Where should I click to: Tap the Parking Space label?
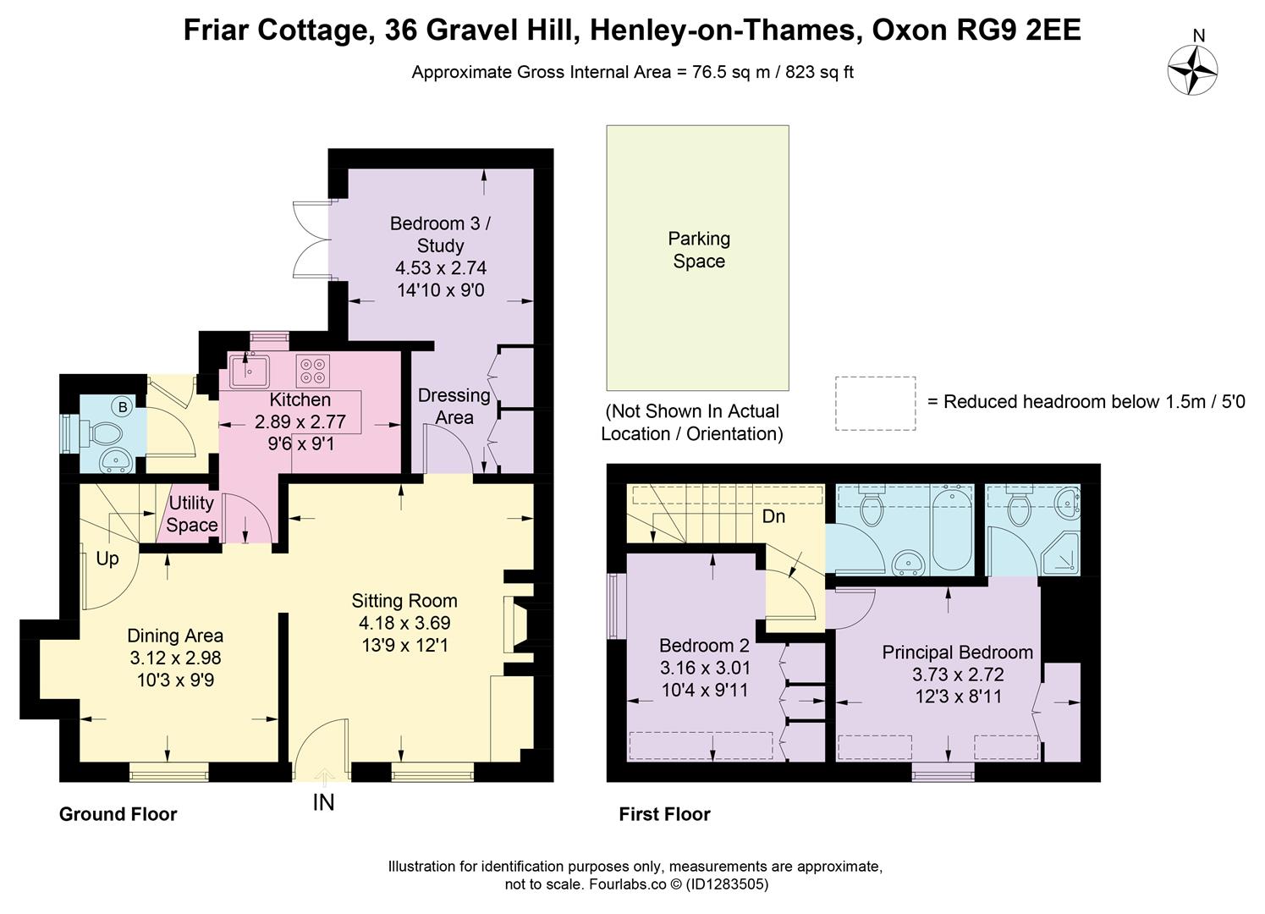(x=698, y=250)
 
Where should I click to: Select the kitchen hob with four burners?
(x=312, y=371)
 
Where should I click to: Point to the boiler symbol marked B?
(x=123, y=408)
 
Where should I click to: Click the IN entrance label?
(x=323, y=802)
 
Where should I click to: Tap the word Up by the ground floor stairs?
(x=107, y=559)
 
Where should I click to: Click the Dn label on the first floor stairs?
(x=773, y=516)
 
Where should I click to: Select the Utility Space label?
(x=191, y=514)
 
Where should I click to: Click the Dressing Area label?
(x=454, y=406)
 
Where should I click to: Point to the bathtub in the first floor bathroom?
(x=951, y=529)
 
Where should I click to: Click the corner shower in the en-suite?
(x=1061, y=552)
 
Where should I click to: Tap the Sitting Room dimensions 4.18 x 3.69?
(x=404, y=623)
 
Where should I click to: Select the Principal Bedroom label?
(x=957, y=652)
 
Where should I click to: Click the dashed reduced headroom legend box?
(x=875, y=403)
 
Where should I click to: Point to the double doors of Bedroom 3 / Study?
(x=310, y=240)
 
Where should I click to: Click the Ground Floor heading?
(x=118, y=814)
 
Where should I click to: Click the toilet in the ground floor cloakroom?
(x=105, y=434)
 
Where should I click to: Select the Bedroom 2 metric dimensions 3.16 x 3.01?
(x=705, y=668)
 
